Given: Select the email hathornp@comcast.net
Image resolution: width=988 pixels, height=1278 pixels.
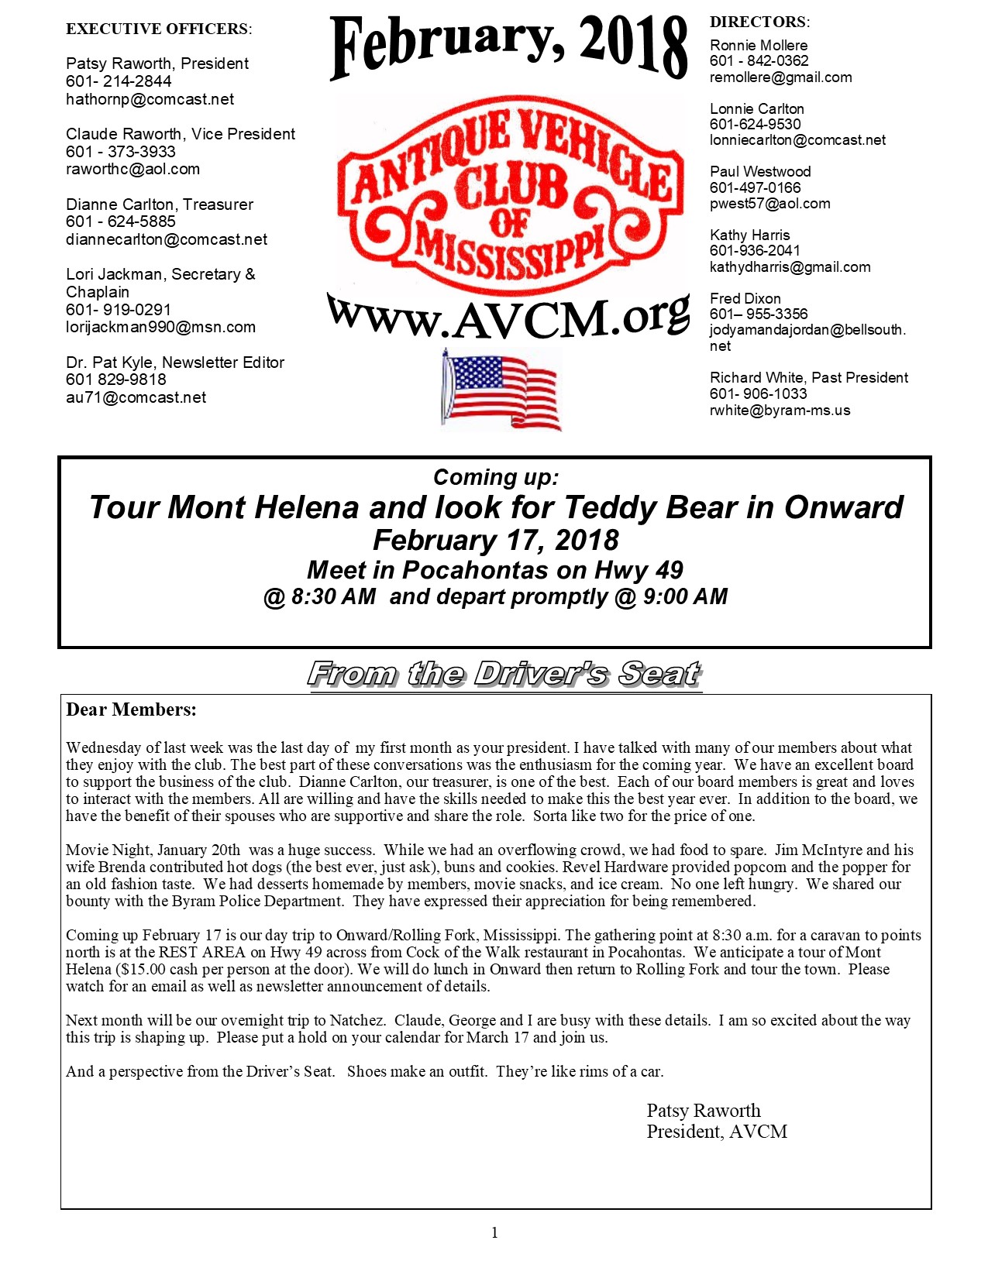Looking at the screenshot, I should click(x=150, y=99).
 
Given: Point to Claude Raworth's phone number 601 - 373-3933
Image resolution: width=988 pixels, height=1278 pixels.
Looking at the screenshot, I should click(x=121, y=152).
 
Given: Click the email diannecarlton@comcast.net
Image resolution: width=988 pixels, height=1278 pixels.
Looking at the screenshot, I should click(x=167, y=239).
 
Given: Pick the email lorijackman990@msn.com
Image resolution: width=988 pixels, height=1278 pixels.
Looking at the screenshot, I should click(x=160, y=327).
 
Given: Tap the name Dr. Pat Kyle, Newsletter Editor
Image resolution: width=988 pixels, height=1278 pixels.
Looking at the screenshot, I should click(x=175, y=362).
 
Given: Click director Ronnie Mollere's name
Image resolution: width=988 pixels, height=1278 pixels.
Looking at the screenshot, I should click(x=758, y=45).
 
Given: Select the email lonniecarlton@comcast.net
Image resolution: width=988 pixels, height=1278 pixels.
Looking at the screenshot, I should click(x=797, y=140).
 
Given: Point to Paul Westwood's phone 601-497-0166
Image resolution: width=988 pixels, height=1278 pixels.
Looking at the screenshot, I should click(x=755, y=187).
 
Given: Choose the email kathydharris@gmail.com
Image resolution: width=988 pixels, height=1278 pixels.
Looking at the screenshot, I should click(x=790, y=267).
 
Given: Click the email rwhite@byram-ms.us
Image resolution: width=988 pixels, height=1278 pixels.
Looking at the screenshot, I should click(x=780, y=411).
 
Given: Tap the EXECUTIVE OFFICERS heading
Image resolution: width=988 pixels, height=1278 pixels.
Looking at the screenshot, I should click(x=159, y=29).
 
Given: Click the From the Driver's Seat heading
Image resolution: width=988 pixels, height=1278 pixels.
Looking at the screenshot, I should click(x=504, y=674).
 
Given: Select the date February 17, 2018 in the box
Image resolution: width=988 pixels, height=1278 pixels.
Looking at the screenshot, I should click(x=495, y=540).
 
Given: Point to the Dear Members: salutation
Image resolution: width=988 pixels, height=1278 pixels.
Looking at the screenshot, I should click(x=131, y=709).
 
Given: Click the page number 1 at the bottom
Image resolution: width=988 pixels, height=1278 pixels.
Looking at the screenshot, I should click(x=494, y=1233).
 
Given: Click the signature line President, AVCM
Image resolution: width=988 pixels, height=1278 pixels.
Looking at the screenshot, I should click(x=717, y=1132).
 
